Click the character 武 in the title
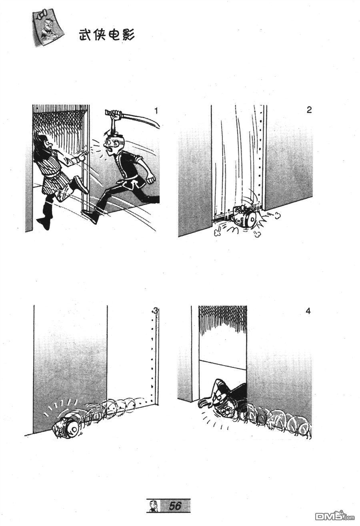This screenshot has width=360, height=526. (86, 35)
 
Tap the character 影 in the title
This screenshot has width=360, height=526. (128, 35)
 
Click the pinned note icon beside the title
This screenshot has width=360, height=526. (48, 27)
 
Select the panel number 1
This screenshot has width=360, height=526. (156, 111)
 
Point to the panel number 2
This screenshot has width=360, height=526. (309, 110)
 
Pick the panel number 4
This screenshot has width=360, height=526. (308, 311)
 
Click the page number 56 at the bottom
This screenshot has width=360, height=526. (175, 506)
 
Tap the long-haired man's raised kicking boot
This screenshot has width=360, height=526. (80, 184)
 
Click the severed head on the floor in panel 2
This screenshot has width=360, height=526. (245, 216)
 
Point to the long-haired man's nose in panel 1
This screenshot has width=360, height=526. (47, 142)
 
